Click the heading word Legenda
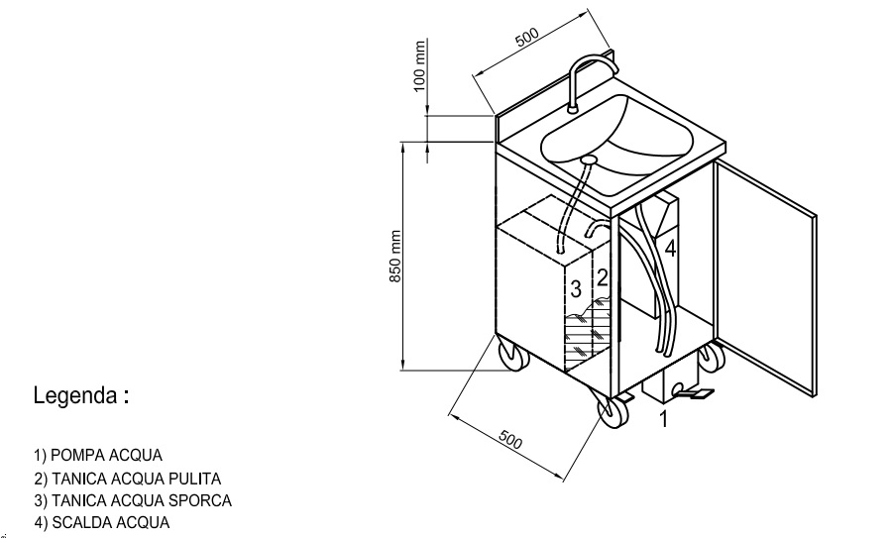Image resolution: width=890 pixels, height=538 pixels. pos(75,397)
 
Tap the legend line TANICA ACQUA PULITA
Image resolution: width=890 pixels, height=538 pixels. pos(127,479)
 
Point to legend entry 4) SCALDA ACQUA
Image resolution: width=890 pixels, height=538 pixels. pos(101,522)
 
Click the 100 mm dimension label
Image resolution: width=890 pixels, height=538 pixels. pos(419,67)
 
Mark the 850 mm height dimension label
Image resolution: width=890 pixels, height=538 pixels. pos(396,258)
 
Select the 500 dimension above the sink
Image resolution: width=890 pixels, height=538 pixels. pos(526,38)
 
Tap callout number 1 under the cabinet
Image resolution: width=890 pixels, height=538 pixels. pos(664,419)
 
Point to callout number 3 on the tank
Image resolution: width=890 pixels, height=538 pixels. pos(575,289)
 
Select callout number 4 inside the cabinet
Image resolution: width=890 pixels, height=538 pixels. pos(670,249)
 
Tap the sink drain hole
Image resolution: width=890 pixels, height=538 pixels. pos(589,159)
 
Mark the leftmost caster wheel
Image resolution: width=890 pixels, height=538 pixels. pos(511,355)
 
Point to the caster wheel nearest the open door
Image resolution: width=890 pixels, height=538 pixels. pos(712,357)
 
